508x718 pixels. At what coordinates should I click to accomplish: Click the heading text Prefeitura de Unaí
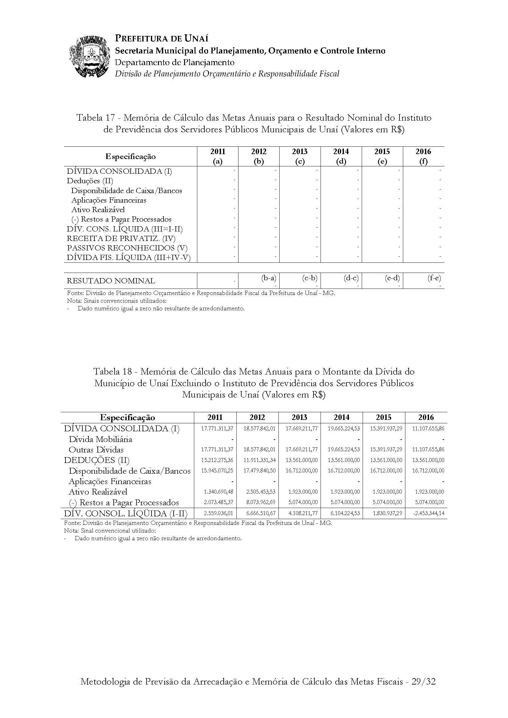point(162,38)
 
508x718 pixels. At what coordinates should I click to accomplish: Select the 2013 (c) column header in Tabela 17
point(300,156)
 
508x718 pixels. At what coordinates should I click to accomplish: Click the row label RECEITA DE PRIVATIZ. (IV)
point(121,239)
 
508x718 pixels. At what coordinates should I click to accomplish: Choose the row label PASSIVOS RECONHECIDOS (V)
point(127,248)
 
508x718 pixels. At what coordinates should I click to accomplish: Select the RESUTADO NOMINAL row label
point(111,281)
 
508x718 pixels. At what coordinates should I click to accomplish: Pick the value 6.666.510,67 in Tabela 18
point(259,513)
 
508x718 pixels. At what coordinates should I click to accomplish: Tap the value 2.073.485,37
point(217,502)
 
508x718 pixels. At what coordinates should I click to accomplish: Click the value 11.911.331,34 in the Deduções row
point(259,460)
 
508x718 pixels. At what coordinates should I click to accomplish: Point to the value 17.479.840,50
point(259,471)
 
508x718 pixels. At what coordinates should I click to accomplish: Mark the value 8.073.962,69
point(259,502)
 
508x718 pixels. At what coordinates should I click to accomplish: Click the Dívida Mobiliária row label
point(100,439)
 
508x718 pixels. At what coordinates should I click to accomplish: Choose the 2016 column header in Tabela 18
point(426,417)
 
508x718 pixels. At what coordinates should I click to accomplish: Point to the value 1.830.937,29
point(386,513)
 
